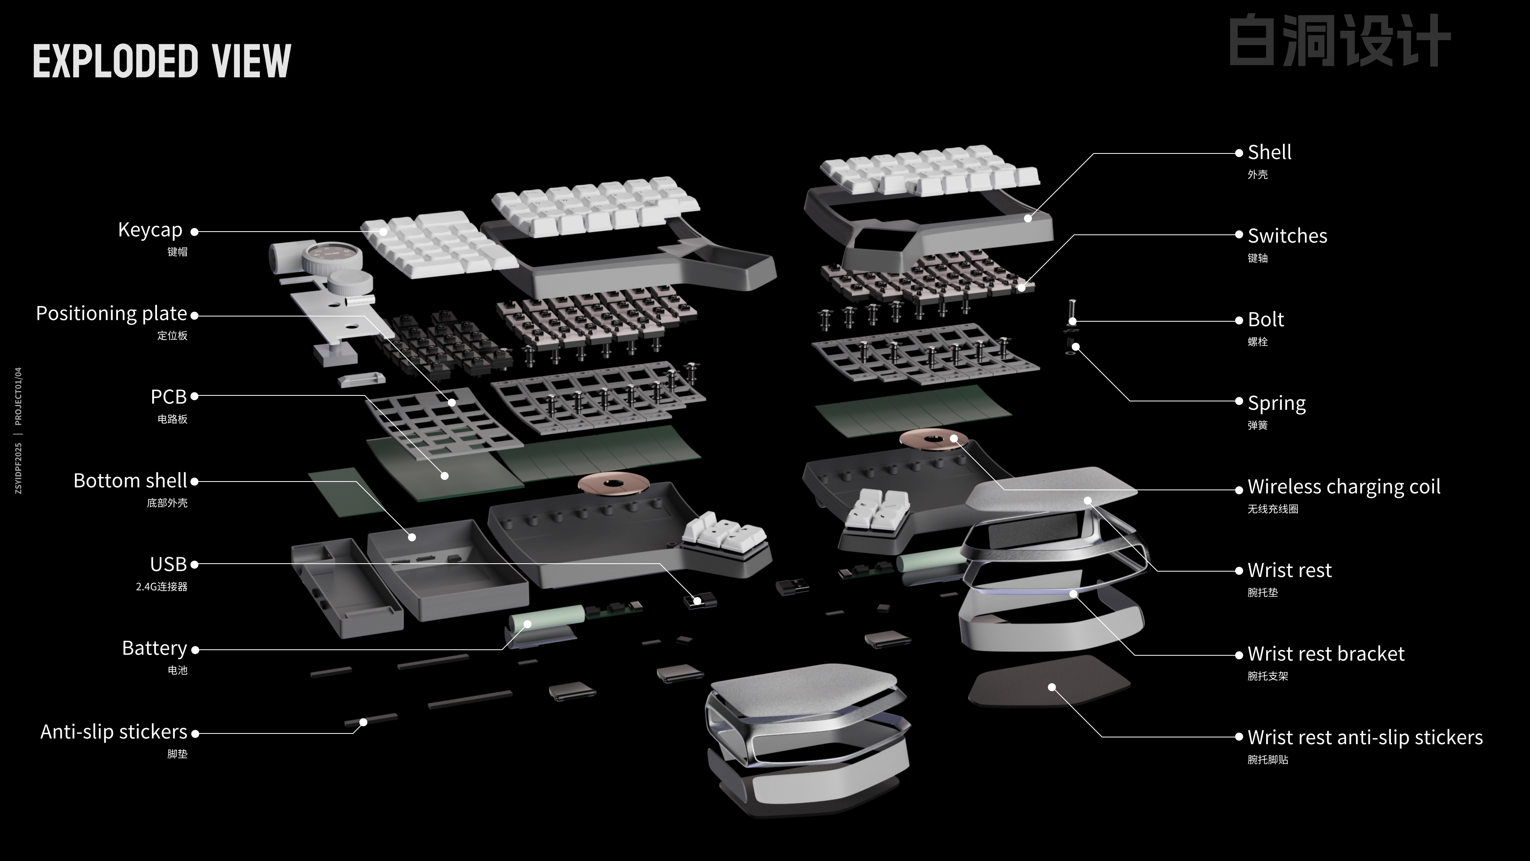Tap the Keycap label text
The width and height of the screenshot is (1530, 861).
point(150,230)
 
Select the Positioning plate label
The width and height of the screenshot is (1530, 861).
point(111,314)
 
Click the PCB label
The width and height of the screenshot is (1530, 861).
point(168,397)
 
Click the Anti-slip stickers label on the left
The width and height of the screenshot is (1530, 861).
point(114,731)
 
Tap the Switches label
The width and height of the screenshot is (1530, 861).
point(1287,236)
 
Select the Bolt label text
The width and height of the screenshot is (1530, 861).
point(1266,320)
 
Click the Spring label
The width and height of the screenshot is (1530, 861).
point(1276,403)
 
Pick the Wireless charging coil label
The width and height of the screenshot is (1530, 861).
point(1344,487)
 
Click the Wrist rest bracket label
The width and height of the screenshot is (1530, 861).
point(1326,654)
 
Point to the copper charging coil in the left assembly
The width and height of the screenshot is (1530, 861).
point(609,484)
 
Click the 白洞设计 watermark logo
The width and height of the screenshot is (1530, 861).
point(1339,40)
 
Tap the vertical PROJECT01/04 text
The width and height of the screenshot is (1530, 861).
point(18,396)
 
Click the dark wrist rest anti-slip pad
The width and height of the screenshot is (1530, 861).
point(1048,682)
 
